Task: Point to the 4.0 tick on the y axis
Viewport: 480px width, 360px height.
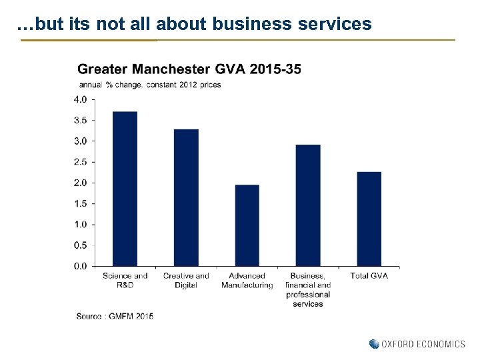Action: click(x=80, y=99)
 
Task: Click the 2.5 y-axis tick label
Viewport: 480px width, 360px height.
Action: click(x=80, y=162)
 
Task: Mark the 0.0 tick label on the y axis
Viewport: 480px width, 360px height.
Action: click(x=80, y=266)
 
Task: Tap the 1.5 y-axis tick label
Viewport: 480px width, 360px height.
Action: click(x=80, y=203)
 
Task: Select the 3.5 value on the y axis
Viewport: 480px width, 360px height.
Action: click(x=80, y=121)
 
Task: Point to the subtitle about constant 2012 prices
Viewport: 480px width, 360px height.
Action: click(x=150, y=85)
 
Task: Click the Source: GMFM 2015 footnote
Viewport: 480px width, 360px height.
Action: click(x=115, y=316)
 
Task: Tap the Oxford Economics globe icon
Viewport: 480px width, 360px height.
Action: click(x=374, y=344)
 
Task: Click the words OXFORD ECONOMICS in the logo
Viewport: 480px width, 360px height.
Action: click(x=423, y=344)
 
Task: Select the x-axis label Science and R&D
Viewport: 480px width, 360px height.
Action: click(x=125, y=280)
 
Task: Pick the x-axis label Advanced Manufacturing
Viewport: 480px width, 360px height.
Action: click(x=247, y=280)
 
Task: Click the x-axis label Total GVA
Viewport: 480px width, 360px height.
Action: click(x=369, y=275)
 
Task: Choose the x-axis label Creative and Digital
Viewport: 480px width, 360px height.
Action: click(x=186, y=280)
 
